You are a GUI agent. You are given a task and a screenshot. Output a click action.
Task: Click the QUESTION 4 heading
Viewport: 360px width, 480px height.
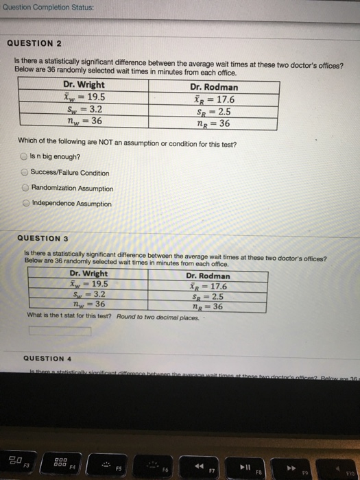click(x=47, y=358)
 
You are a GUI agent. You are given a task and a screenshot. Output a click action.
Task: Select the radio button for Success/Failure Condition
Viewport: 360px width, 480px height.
click(x=24, y=173)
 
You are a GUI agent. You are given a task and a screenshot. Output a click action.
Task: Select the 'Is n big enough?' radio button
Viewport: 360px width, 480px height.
click(x=24, y=157)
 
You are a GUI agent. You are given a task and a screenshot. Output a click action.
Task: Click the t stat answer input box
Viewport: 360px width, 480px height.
click(x=60, y=331)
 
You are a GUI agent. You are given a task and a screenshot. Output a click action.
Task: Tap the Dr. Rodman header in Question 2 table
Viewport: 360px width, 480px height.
click(x=214, y=87)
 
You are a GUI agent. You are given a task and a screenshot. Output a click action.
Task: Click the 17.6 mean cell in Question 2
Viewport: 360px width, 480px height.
click(x=215, y=98)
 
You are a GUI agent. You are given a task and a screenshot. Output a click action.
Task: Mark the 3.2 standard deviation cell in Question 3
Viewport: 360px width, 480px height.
click(x=88, y=294)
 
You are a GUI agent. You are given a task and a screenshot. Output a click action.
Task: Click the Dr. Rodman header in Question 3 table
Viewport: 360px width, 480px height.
click(x=208, y=276)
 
